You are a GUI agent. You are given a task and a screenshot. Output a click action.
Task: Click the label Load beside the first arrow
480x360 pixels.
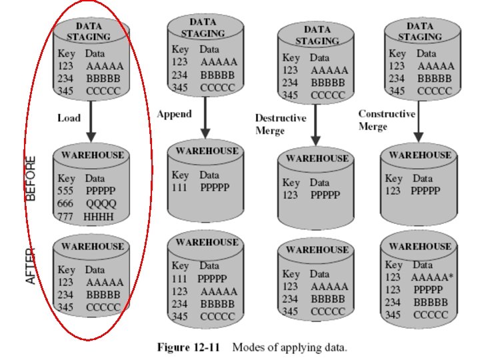68,118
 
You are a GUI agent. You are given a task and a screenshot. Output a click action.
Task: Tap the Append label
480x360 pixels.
174,114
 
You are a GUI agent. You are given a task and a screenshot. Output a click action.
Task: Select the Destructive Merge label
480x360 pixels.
280,124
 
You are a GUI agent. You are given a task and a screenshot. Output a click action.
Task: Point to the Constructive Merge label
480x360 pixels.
387,120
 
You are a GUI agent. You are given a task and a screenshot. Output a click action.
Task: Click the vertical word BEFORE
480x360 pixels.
31,178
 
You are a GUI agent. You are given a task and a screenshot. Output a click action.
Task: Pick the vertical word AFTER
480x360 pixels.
31,266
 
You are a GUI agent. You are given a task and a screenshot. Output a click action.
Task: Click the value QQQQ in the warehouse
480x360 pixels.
101,203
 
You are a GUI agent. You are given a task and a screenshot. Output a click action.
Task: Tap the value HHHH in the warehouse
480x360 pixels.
99,217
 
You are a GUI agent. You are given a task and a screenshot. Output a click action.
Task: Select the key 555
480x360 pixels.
65,191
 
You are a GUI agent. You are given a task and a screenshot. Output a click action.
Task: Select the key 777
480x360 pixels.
65,217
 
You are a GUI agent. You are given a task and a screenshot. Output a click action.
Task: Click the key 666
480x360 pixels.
65,203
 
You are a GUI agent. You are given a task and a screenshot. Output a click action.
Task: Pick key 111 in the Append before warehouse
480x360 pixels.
180,187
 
